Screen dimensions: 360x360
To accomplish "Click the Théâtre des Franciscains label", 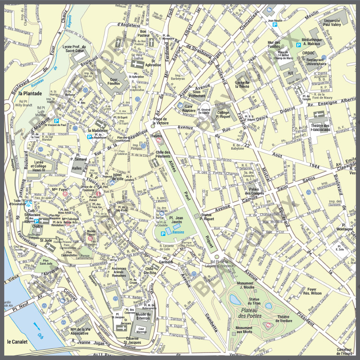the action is (x=320, y=128).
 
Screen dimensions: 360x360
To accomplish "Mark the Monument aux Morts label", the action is (x=244, y=330).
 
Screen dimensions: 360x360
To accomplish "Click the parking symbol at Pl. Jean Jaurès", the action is (x=163, y=234).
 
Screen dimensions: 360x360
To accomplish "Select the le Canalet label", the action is (x=17, y=342).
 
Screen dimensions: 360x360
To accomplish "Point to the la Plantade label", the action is (x=30, y=93).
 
